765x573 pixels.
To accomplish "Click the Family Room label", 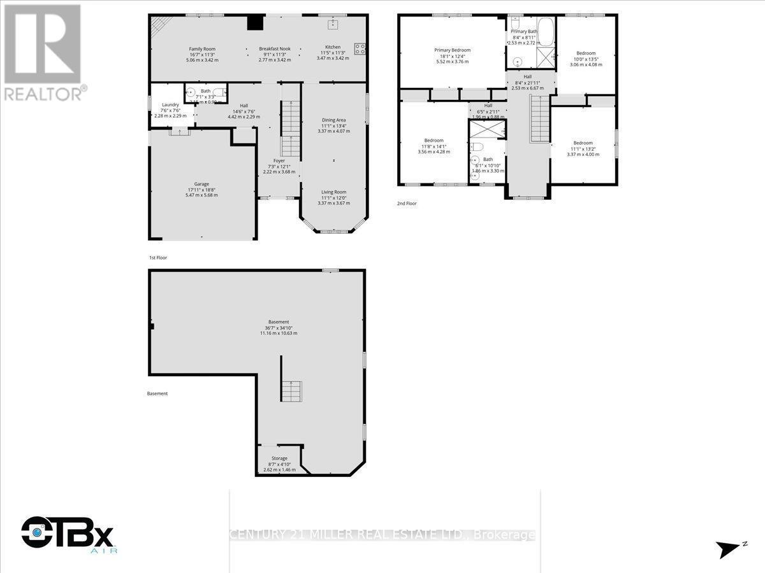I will pyautogui.click(x=201, y=49).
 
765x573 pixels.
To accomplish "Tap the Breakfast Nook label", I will pyautogui.click(x=275, y=49).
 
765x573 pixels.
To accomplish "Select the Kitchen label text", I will pyautogui.click(x=333, y=47).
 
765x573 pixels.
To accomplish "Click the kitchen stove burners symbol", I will pyautogui.click(x=360, y=48).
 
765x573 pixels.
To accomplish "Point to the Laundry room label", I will pyautogui.click(x=162, y=105).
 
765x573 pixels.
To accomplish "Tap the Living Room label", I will pyautogui.click(x=333, y=192).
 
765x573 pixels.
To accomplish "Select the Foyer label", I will pyautogui.click(x=279, y=160).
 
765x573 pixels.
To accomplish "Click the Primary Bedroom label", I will pyautogui.click(x=452, y=50).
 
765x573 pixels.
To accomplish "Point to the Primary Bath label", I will pyautogui.click(x=523, y=31).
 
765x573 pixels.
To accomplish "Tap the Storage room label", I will pyautogui.click(x=279, y=458).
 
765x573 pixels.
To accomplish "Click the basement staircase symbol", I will pyautogui.click(x=293, y=390).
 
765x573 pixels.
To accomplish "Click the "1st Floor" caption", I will pyautogui.click(x=159, y=258).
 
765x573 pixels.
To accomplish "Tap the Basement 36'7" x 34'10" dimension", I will pyautogui.click(x=279, y=327).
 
